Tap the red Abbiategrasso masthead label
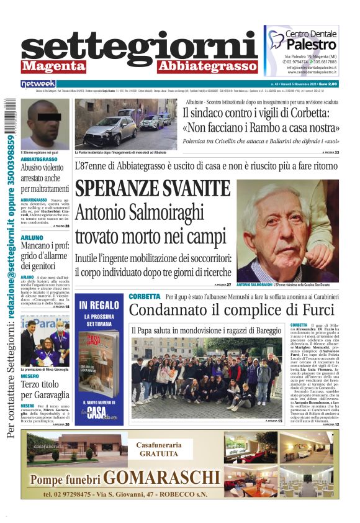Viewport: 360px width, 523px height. [x=206, y=66]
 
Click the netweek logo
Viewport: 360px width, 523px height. [x=38, y=83]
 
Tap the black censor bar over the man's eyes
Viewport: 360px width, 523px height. [x=45, y=116]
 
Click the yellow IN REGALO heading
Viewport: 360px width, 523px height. [x=99, y=305]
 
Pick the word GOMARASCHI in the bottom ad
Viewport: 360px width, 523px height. [x=162, y=478]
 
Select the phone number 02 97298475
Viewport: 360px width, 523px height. [x=74, y=494]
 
